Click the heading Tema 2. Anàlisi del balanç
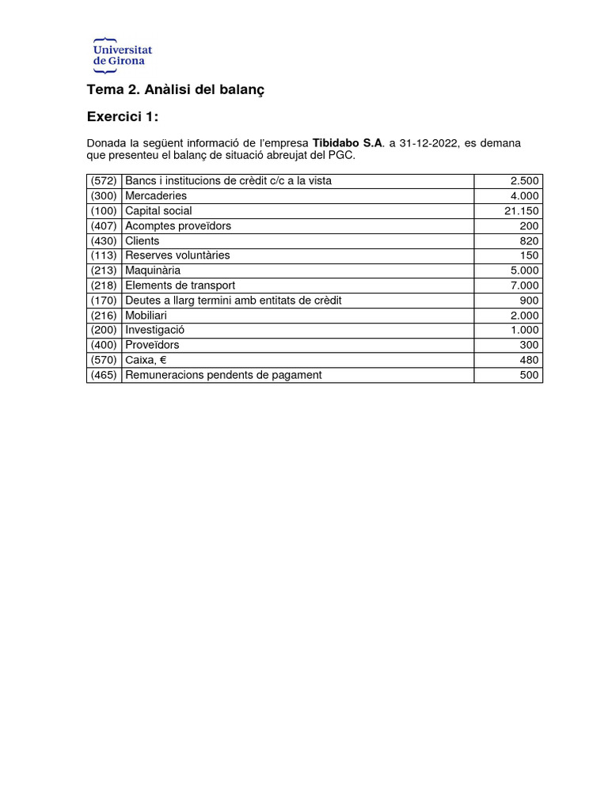175,90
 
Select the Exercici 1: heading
122,117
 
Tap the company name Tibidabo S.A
348,143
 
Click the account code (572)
104,181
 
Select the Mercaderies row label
156,196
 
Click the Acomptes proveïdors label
178,226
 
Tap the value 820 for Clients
529,241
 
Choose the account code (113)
104,255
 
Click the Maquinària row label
153,271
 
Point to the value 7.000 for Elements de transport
524,286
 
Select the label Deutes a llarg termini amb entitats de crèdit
234,301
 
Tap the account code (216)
104,316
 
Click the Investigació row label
154,330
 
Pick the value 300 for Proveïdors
529,345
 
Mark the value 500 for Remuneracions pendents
529,375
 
